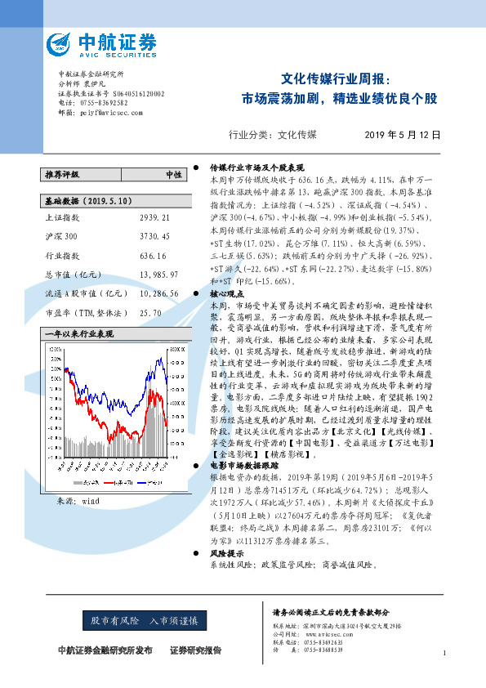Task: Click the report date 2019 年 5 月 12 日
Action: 402,134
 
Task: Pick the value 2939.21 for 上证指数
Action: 154,218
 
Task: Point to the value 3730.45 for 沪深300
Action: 154,236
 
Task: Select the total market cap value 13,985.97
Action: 156,274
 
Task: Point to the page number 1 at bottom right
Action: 444,652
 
